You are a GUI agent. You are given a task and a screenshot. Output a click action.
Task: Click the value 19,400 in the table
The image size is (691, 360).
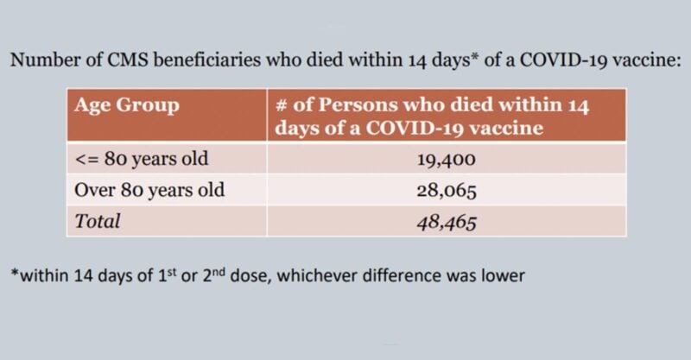(447, 160)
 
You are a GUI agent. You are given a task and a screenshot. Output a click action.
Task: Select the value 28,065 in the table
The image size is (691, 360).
(447, 190)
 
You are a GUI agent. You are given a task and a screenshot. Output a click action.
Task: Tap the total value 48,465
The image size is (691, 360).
(447, 220)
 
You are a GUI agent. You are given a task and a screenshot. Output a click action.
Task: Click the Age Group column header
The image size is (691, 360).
(127, 107)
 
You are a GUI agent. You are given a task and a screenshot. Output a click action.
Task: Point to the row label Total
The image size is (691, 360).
(98, 220)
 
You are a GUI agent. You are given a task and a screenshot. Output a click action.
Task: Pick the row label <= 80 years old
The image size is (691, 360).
(143, 160)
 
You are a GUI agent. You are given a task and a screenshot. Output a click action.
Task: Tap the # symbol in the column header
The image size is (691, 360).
(281, 107)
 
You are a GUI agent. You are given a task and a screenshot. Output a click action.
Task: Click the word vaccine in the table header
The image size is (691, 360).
(510, 129)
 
